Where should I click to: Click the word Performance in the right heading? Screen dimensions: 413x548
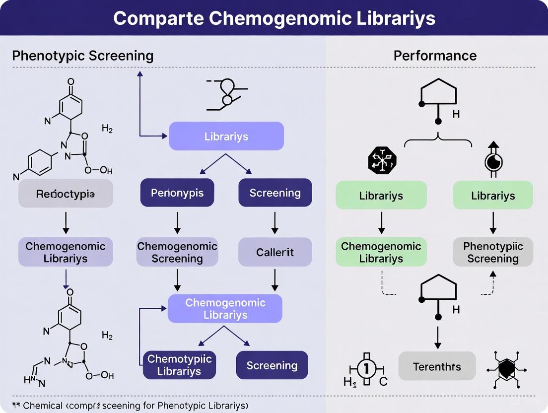435,56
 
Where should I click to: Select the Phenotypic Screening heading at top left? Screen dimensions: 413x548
82,56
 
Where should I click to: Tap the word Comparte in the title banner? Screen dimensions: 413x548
157,18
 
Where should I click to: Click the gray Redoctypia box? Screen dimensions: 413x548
66,194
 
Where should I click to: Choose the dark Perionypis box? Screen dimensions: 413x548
177,193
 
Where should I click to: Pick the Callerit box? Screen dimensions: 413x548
275,252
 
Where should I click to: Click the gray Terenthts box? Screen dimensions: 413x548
437,367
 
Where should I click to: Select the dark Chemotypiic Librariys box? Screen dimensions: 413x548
180,365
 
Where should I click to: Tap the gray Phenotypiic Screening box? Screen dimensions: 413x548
493,252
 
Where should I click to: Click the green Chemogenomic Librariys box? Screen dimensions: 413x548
381,252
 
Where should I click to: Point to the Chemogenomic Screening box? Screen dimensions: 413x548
177,252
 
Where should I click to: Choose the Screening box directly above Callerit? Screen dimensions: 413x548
275,193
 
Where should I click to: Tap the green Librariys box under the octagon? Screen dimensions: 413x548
381,195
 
